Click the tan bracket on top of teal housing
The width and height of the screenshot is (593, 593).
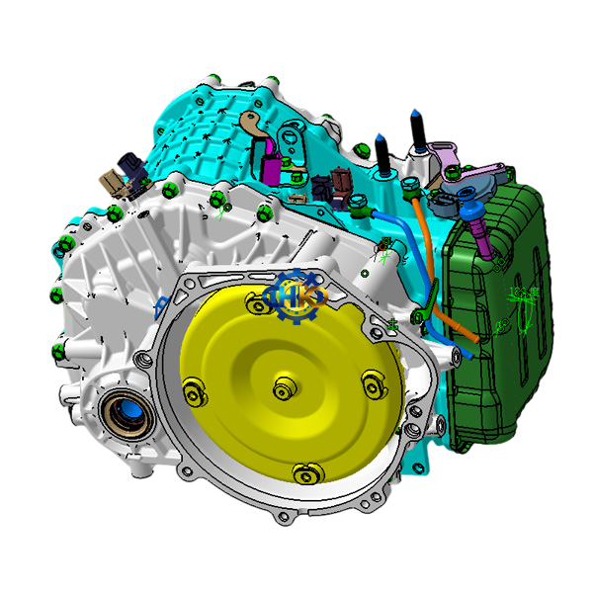[x=254, y=124]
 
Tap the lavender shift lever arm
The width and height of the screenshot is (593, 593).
[x=446, y=156]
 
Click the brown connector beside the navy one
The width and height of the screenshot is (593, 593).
[x=342, y=184]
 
